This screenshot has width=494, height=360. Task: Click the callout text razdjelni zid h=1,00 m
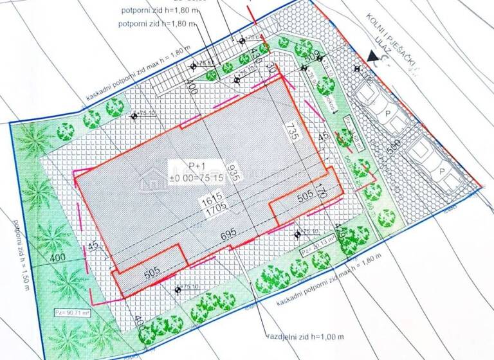click(307, 336)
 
